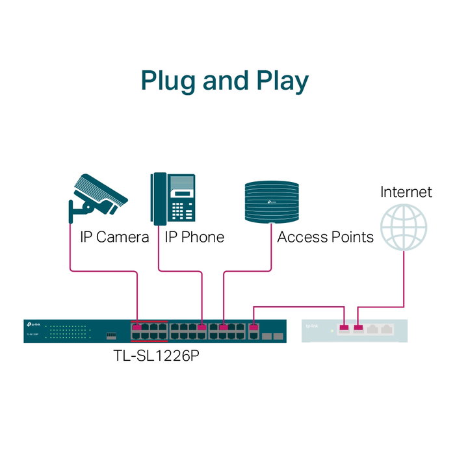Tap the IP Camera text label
114,237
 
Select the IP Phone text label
194,237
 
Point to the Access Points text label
325,237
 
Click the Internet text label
406,192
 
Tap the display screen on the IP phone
182,194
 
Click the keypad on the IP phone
181,211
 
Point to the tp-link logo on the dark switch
32,324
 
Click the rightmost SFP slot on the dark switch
278,337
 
